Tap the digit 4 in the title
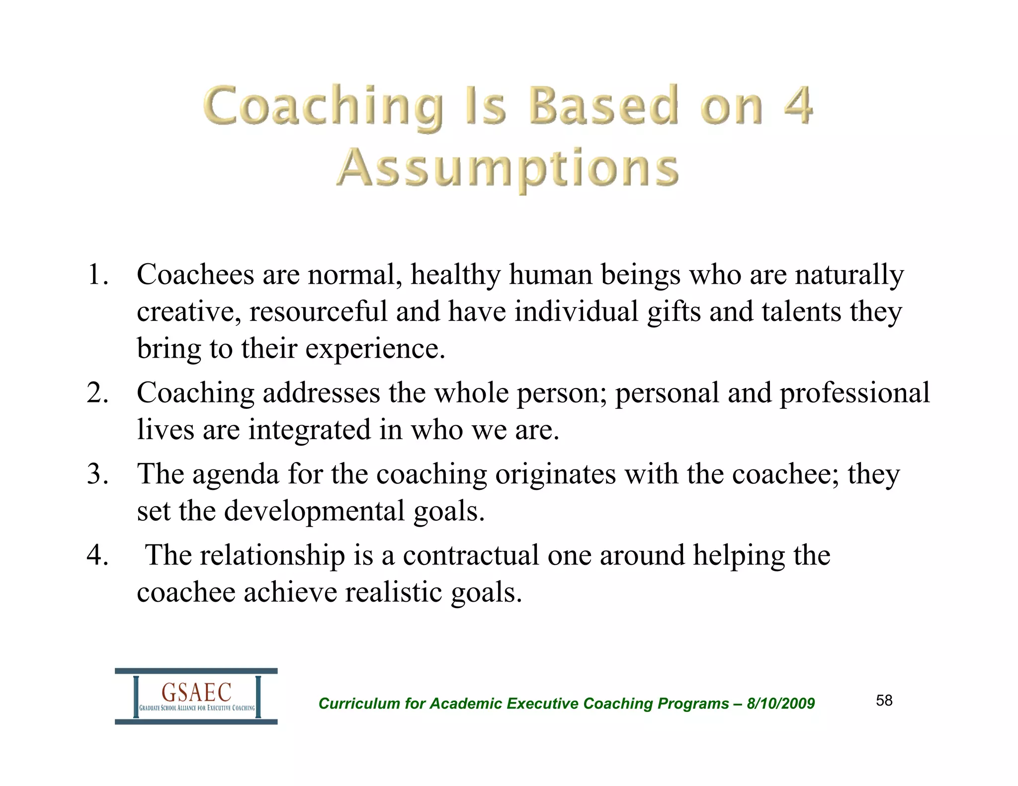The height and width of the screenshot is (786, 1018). (798, 105)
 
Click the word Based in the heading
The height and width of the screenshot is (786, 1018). (602, 105)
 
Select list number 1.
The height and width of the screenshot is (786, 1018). (97, 275)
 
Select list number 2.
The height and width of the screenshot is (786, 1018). (97, 393)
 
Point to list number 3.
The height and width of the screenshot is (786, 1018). (97, 474)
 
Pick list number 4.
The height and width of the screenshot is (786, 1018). (97, 555)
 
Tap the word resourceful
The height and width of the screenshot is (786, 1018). (318, 312)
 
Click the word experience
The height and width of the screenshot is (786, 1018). (375, 349)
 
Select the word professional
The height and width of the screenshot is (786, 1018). (854, 393)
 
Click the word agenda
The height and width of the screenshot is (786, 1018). (236, 474)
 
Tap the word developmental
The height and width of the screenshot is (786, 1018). (314, 511)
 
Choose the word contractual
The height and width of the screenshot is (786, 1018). (471, 555)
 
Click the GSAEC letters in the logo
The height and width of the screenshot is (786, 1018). (197, 692)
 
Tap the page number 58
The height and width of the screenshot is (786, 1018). (884, 701)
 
